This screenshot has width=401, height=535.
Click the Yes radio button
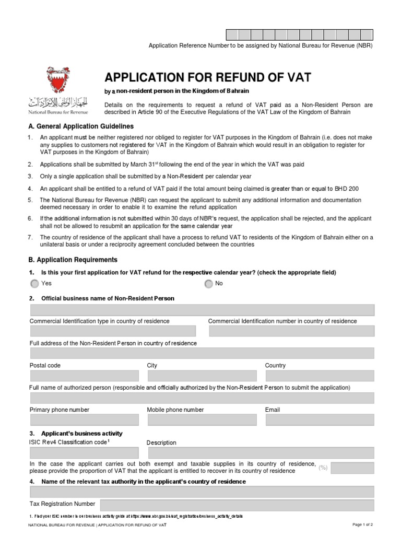point(34,284)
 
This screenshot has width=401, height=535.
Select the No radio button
point(209,284)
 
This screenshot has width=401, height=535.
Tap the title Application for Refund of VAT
point(208,78)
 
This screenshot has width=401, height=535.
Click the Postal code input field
point(85,376)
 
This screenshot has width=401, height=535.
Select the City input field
point(202,376)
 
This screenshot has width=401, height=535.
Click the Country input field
point(320,376)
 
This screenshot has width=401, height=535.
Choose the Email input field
point(320,420)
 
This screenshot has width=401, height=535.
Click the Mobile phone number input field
point(202,420)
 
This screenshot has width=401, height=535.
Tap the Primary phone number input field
point(85,420)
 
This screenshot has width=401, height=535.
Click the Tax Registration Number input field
point(237,504)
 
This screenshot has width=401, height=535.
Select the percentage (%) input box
point(352,468)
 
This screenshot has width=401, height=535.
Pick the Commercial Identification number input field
point(291,331)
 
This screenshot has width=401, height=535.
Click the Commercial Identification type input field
point(113,331)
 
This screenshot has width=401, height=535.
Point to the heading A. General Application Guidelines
point(81,126)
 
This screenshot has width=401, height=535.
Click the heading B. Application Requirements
point(74,260)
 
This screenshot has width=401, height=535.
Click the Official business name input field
point(202,310)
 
